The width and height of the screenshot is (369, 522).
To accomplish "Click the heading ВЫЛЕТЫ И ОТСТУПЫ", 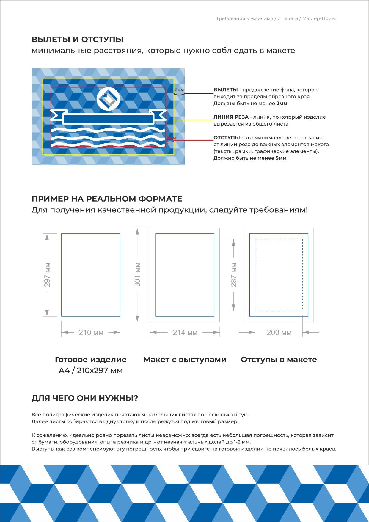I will [x=77, y=40].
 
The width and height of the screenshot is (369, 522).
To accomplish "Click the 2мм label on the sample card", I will [x=179, y=90].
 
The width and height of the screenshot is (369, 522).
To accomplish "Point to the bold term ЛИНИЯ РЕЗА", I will [x=231, y=117].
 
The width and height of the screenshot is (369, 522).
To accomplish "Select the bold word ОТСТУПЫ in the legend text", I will [x=227, y=138].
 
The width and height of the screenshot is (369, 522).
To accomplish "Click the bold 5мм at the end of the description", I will [x=281, y=158].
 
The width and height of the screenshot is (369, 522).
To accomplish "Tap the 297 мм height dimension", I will [x=47, y=275].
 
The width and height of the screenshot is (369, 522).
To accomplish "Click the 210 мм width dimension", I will [x=91, y=333].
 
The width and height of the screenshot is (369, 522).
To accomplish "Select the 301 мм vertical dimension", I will [x=137, y=275].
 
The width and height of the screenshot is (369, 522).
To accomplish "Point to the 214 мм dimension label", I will [x=185, y=333].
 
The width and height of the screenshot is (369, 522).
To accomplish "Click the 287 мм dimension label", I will [x=234, y=275].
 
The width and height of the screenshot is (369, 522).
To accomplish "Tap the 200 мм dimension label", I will [x=279, y=333].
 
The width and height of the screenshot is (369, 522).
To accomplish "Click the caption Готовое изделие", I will [x=91, y=360].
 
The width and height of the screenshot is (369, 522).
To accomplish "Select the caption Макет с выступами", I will [x=185, y=360].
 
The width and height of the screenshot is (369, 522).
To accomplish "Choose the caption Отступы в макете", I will [x=279, y=360].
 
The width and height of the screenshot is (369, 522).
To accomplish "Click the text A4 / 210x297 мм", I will [x=91, y=371].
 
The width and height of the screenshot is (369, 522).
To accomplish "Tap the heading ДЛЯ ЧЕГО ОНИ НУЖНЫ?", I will [x=85, y=398].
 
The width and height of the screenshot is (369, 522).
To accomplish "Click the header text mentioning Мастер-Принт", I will [x=276, y=18].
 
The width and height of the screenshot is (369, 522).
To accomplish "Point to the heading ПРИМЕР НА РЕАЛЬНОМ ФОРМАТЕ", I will [x=107, y=199].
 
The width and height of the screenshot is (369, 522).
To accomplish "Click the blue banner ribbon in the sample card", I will [x=108, y=118].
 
